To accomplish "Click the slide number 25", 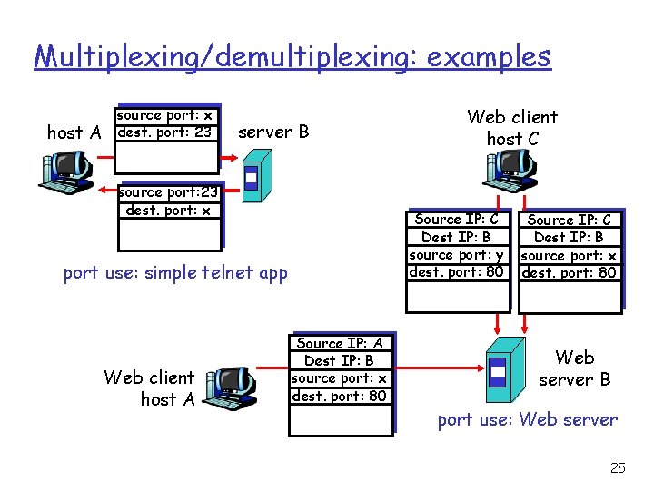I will point(618,467).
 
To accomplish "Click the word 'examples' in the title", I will point(489,57).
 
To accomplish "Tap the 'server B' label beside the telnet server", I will point(272,132).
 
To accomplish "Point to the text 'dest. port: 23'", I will point(164,132).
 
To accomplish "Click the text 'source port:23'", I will point(169,192).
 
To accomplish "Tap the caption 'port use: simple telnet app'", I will point(175,273).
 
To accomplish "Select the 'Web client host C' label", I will point(512,127).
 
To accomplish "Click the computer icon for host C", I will point(512,169).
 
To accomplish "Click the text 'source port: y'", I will point(456,254).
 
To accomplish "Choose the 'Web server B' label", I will point(574,367).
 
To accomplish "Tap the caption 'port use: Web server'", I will point(527,419).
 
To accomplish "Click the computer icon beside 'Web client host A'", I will point(229,387).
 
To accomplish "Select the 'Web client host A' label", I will point(149,387).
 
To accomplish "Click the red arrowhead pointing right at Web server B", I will point(475,369).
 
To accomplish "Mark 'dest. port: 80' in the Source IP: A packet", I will point(339,396).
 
